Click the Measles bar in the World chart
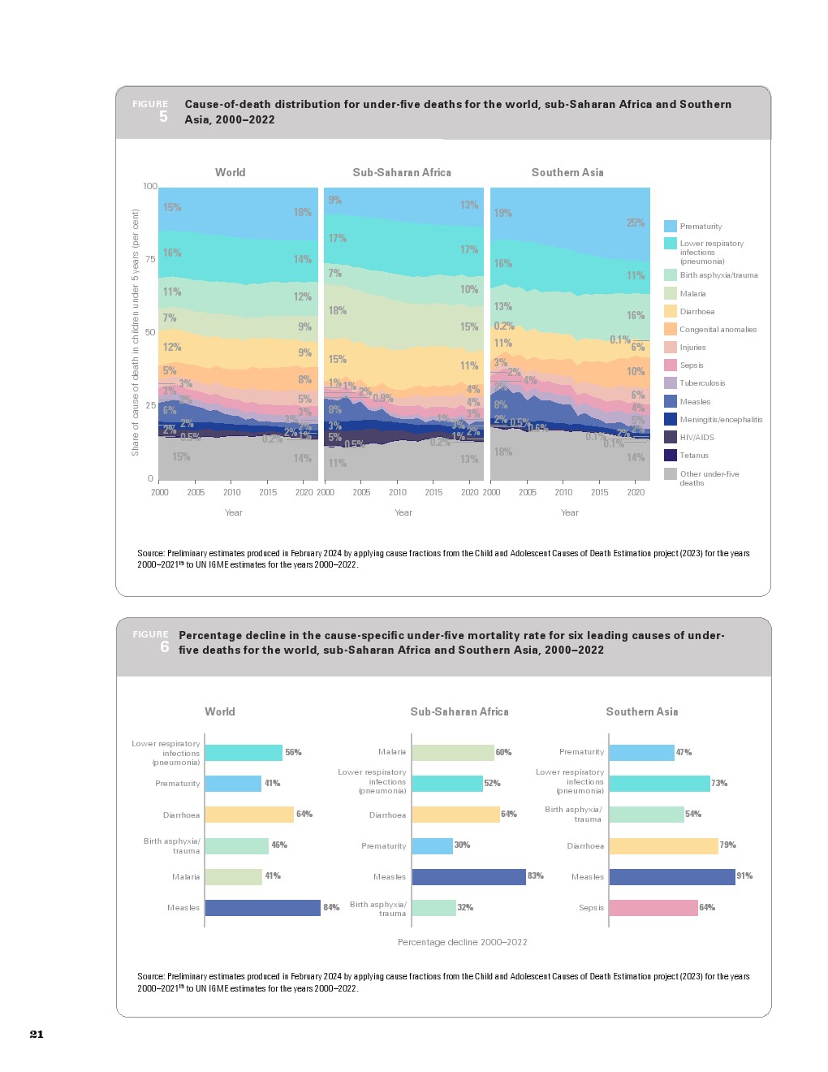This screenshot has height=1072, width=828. click(x=262, y=908)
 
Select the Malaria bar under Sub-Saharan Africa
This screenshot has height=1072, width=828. click(x=452, y=753)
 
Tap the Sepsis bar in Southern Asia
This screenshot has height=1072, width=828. click(x=653, y=908)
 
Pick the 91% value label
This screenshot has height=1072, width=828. click(x=744, y=876)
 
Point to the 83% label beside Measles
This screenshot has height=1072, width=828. click(x=536, y=876)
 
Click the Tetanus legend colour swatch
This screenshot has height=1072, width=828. click(x=671, y=456)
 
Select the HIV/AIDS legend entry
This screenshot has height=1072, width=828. click(x=696, y=438)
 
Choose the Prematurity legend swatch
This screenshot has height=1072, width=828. click(x=671, y=227)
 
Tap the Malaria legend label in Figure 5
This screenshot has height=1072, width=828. click(x=692, y=294)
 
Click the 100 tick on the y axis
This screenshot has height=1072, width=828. click(x=150, y=187)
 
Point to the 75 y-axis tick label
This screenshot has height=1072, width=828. click(x=150, y=260)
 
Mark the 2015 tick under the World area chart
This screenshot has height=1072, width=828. click(x=268, y=492)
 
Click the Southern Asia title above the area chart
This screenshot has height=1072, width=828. click(x=567, y=173)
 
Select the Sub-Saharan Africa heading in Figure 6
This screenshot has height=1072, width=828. click(x=459, y=712)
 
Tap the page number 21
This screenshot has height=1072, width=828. click(x=37, y=1034)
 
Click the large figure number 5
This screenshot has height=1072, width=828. click(x=163, y=117)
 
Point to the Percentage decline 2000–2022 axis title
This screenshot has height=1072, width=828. click(x=462, y=942)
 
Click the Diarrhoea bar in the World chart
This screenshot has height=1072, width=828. click(x=248, y=815)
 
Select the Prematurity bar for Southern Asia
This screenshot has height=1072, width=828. click(x=641, y=753)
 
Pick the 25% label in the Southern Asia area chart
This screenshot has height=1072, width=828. click(x=635, y=223)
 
